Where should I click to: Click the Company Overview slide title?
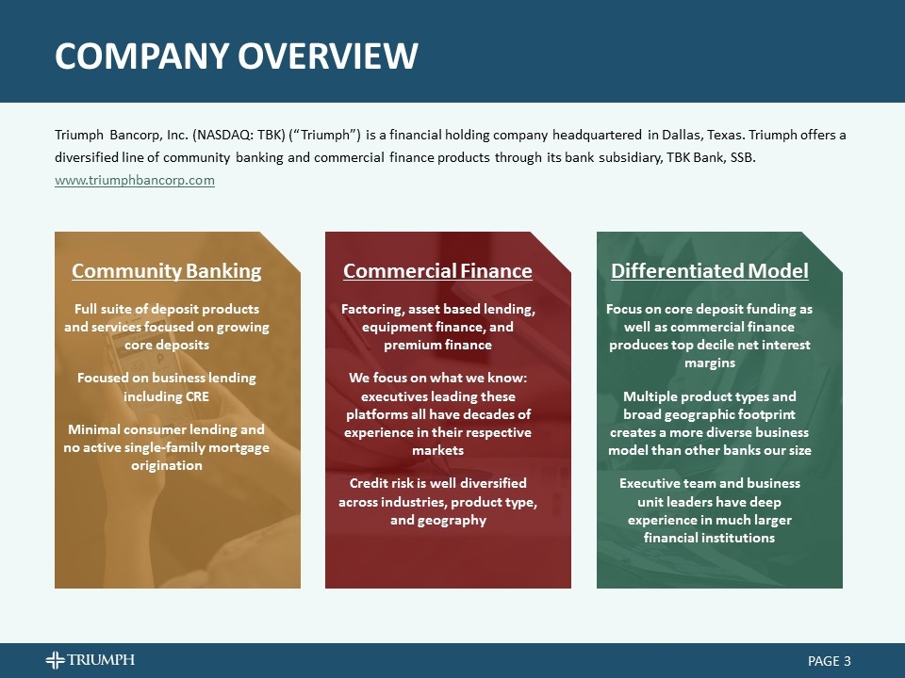pyautogui.click(x=236, y=56)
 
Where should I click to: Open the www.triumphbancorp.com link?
pyautogui.click(x=135, y=180)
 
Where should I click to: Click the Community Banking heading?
pyautogui.click(x=166, y=271)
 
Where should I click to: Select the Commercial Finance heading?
pyautogui.click(x=437, y=271)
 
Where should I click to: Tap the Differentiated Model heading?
pyautogui.click(x=709, y=271)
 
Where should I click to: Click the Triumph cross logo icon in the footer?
pyautogui.click(x=56, y=660)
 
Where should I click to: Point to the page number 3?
pyautogui.click(x=847, y=661)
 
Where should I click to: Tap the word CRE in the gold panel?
pyautogui.click(x=197, y=395)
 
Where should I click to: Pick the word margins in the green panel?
pyautogui.click(x=709, y=363)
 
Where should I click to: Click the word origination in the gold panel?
pyautogui.click(x=166, y=465)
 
